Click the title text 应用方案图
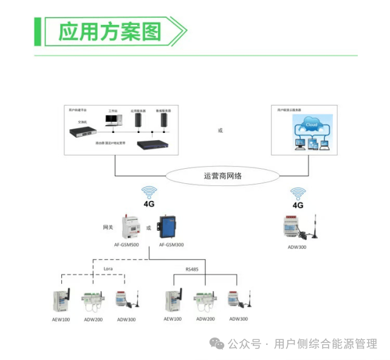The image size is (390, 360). [110, 31]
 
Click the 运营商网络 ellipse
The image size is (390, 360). [222, 176]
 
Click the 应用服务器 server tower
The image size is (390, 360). [140, 121]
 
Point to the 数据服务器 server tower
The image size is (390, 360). [164, 121]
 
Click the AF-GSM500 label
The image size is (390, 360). [127, 245]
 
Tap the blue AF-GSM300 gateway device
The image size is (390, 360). [167, 227]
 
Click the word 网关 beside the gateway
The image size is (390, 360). [108, 228]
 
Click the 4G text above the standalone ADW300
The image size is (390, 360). [298, 205]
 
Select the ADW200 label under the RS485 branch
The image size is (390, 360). [205, 319]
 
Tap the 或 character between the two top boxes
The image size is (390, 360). [219, 131]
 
